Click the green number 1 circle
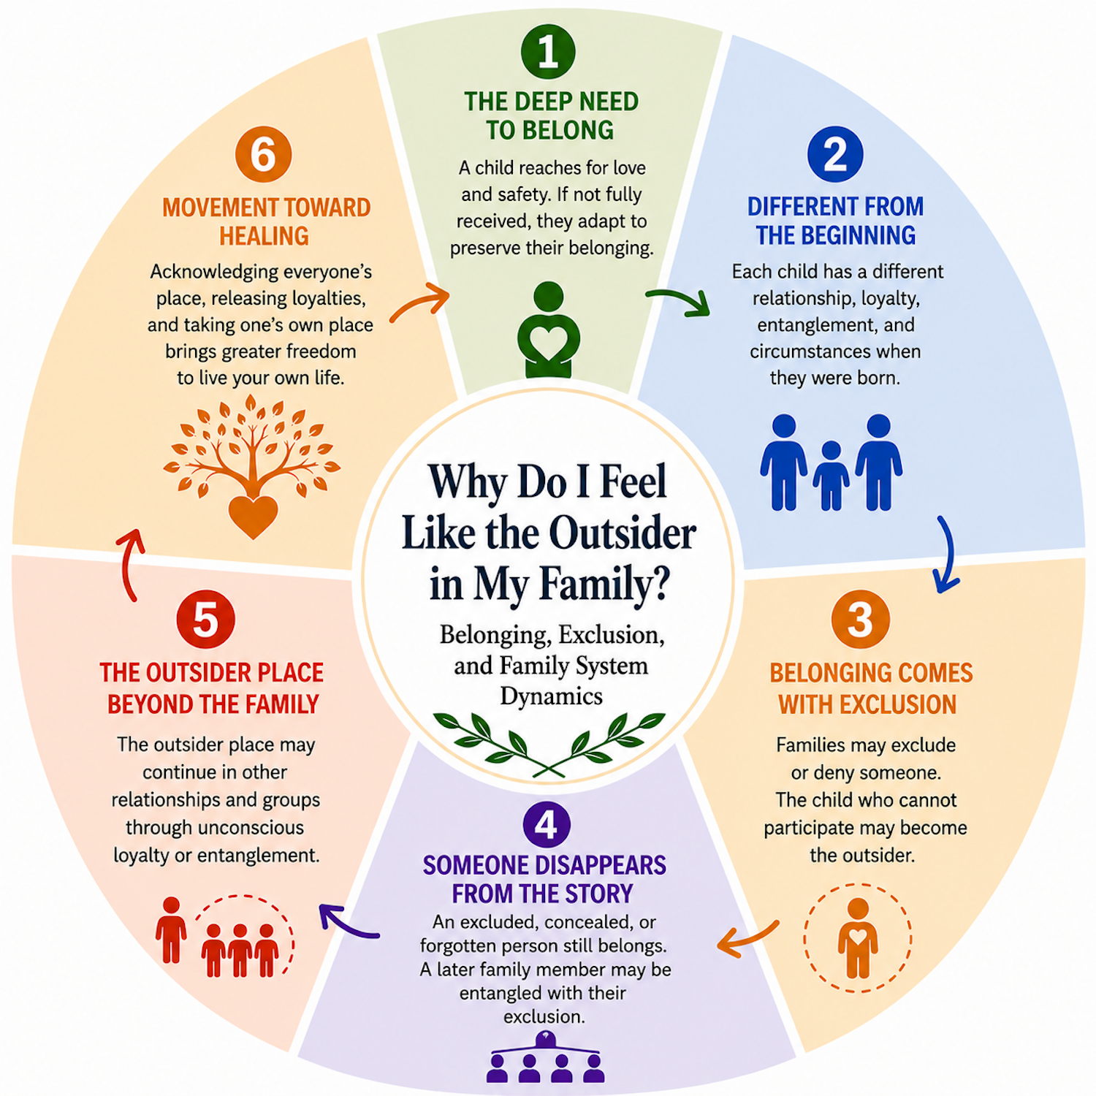tap(548, 51)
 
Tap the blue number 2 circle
tap(835, 154)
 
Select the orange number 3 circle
tap(861, 619)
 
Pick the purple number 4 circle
tap(547, 824)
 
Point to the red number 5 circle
tap(205, 619)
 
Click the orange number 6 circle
tap(263, 154)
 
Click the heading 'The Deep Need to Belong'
tap(551, 115)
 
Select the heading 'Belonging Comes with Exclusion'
tap(870, 688)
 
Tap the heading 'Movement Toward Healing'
tap(266, 221)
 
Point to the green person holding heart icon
tap(548, 330)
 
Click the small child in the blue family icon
tap(831, 476)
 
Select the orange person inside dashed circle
tap(858, 938)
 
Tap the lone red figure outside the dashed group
tap(171, 930)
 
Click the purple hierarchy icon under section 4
tap(546, 1057)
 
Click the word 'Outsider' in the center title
tap(623, 533)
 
